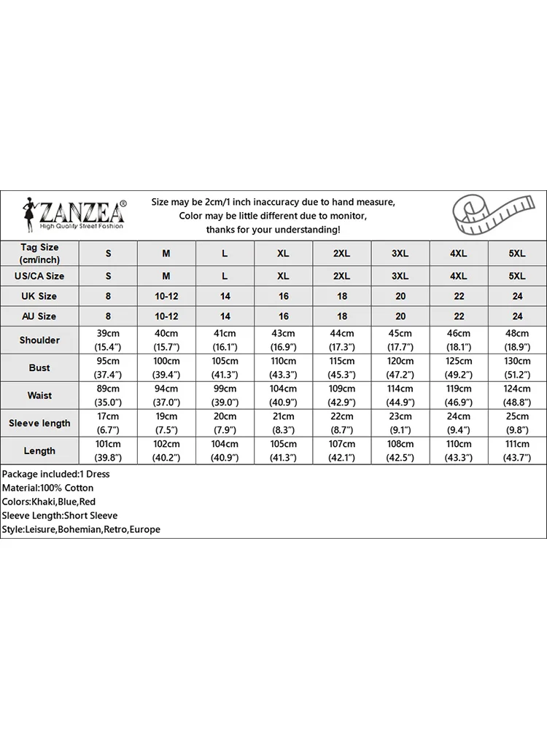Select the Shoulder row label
coord(39,340)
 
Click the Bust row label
coord(39,368)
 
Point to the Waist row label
coord(39,396)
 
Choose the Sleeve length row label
coord(39,424)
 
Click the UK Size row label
coord(39,297)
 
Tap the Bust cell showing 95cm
coord(108,368)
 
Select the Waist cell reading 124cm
coord(517,396)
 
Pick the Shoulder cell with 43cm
coord(284,340)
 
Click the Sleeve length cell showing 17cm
coord(108,424)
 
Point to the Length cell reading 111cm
coord(517,451)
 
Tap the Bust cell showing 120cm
coord(400,368)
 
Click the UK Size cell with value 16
coord(284,297)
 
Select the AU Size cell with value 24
coord(517,317)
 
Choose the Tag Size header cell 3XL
coord(400,253)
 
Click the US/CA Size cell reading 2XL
coord(342,276)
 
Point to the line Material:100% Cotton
coord(47,488)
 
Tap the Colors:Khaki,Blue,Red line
coord(49,502)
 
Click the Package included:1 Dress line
coord(55,474)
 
